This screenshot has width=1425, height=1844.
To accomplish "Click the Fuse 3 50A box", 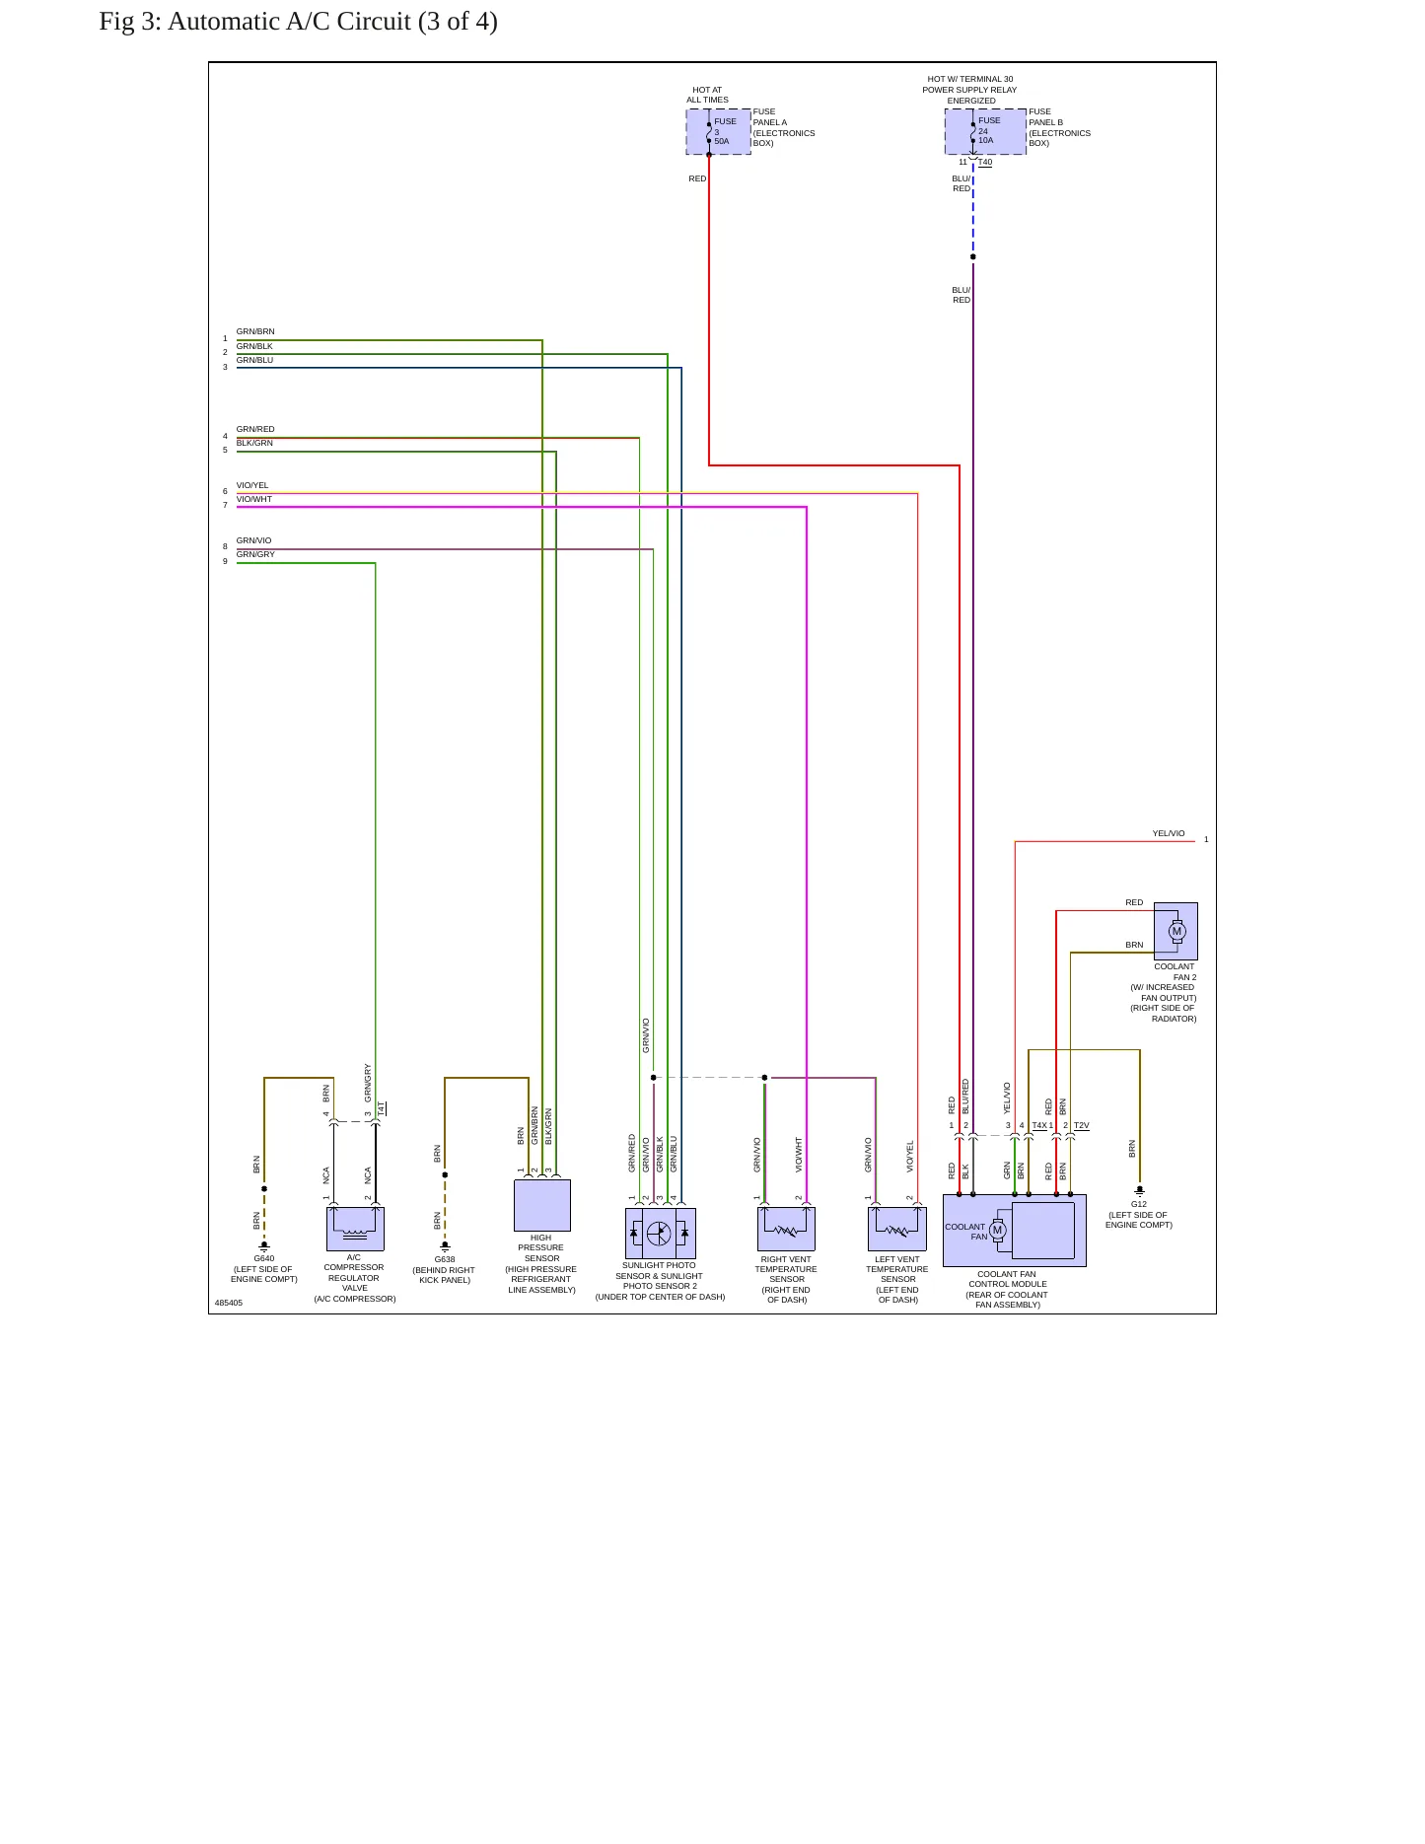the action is (718, 131).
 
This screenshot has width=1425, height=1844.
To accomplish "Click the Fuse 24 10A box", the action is (985, 131).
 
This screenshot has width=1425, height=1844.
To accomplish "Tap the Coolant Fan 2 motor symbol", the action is (1176, 931).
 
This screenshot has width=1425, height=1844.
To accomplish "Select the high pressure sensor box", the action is (542, 1205).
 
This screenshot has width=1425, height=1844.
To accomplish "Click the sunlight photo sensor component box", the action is (661, 1234).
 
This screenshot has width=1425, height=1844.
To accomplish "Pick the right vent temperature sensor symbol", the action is (786, 1229).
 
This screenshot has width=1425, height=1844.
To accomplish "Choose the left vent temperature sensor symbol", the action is (897, 1229).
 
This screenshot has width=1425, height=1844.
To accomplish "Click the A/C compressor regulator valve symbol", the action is (355, 1229).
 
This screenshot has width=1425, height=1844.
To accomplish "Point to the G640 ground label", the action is (264, 1258).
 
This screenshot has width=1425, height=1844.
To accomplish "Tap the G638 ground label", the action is (445, 1259).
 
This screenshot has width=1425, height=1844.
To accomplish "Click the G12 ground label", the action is (1139, 1204).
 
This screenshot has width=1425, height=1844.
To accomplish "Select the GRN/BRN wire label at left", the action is (255, 331).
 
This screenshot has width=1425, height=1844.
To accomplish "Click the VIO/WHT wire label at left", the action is (254, 499).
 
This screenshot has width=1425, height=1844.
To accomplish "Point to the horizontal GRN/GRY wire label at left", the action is (255, 554).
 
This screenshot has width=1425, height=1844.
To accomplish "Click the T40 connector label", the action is (985, 163).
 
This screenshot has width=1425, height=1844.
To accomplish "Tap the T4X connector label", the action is (1039, 1125).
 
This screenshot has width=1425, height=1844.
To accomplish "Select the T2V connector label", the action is (1082, 1125).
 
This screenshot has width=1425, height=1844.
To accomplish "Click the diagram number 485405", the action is (229, 1303).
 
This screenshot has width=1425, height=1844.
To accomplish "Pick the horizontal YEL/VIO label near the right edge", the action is (1169, 833).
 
